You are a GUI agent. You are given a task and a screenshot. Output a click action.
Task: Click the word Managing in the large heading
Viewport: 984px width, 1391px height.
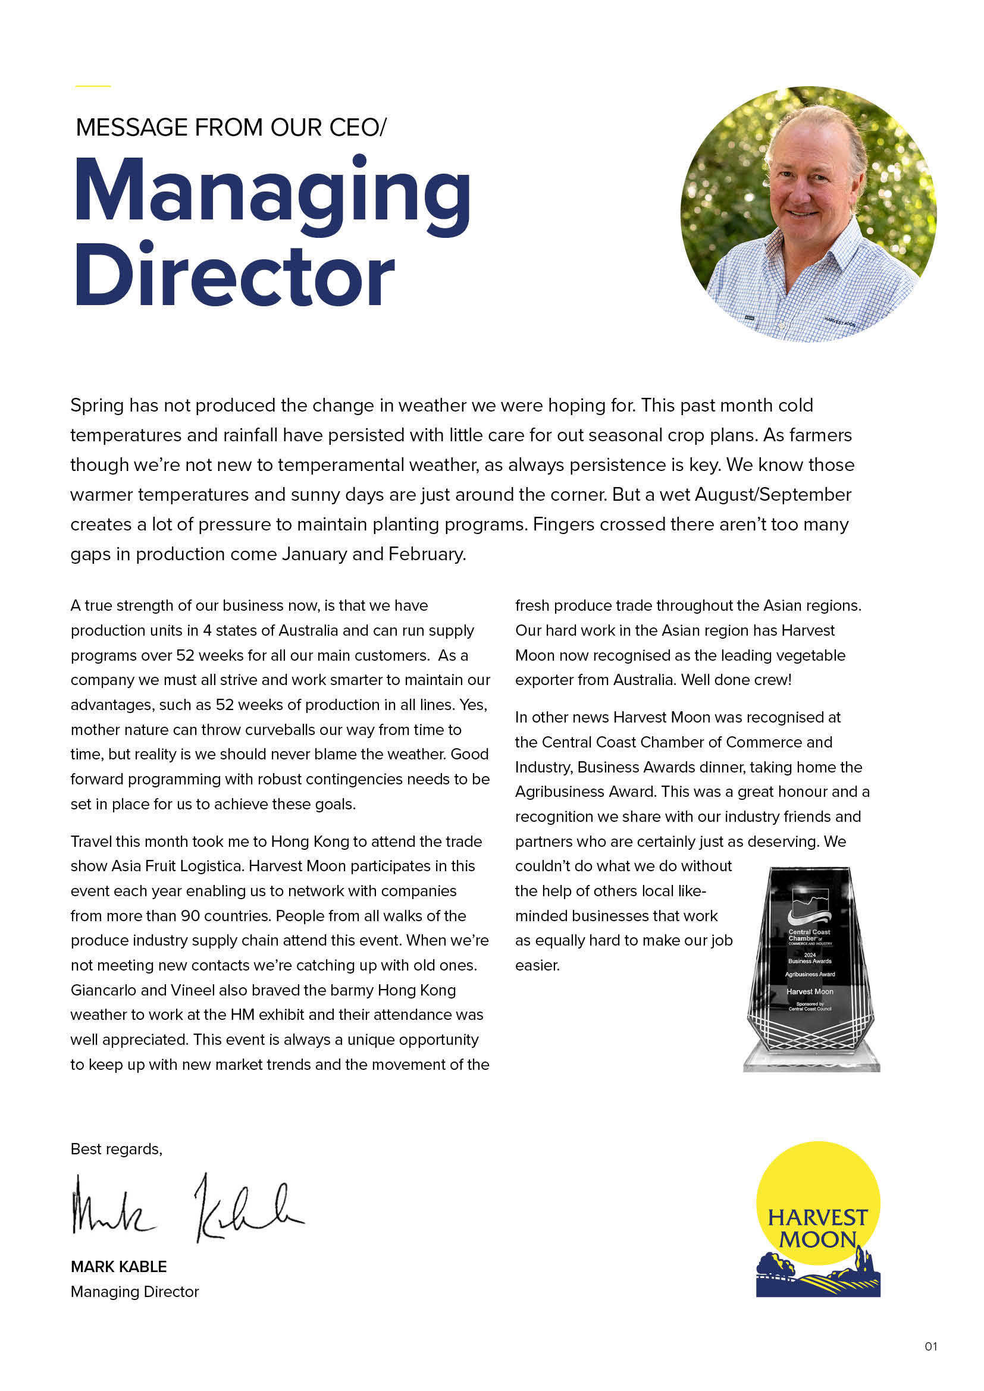pos(272,193)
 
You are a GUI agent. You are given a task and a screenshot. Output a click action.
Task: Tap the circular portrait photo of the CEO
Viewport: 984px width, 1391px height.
pos(808,214)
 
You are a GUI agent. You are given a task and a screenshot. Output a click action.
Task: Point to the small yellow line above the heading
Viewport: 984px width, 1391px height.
pos(93,86)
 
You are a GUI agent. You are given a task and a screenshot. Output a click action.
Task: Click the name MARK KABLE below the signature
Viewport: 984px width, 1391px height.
pos(119,1267)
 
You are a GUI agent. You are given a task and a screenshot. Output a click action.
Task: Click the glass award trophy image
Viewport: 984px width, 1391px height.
pos(811,969)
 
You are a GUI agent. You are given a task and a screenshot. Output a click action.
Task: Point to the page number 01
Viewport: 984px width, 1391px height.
pos(930,1347)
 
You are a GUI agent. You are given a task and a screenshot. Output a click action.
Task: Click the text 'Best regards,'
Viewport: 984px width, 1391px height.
pos(117,1150)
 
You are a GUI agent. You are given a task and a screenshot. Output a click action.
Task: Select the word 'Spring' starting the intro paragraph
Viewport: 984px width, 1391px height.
pos(97,406)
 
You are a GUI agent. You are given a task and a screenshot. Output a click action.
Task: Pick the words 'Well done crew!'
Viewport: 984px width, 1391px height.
pos(736,680)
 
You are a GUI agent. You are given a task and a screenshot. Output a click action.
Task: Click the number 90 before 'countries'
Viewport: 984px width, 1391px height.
pos(190,915)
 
